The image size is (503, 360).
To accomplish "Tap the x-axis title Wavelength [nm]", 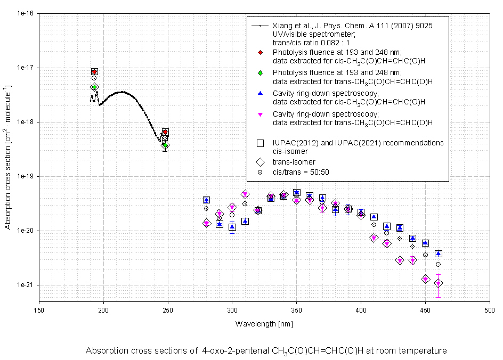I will [264, 324].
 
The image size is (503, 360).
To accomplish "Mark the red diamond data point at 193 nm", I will [94, 72].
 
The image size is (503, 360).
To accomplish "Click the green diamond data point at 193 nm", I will [94, 87].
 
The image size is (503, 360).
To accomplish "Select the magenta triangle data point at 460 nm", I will [438, 283].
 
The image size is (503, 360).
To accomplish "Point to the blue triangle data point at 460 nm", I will [438, 253].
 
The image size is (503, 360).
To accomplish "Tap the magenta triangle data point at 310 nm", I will [245, 194].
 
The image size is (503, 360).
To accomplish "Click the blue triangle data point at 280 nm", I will [206, 200].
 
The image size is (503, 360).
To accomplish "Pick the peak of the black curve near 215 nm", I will [122, 92].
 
